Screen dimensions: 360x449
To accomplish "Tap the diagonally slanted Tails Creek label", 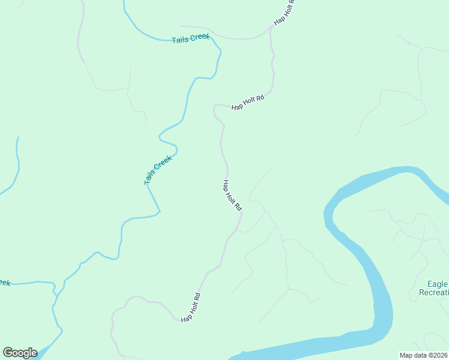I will (158, 170).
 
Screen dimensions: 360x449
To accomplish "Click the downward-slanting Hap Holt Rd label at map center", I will (232, 196).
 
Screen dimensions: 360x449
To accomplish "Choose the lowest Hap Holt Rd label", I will (190, 307).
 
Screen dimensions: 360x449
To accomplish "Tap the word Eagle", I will (438, 284).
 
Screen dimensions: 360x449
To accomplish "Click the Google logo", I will (20, 352).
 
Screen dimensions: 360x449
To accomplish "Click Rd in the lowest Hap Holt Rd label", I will (196, 297).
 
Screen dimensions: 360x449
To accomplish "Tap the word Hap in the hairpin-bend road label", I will (237, 106).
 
